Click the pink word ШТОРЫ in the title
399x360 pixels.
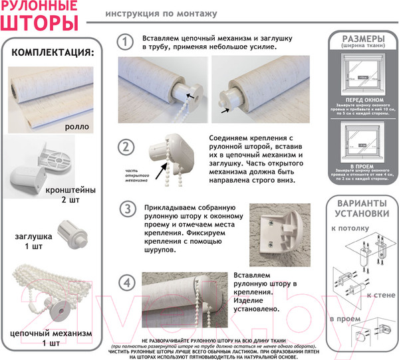39,23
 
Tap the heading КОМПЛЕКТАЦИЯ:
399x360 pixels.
53,52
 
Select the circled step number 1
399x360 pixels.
124,41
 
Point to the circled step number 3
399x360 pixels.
124,210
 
